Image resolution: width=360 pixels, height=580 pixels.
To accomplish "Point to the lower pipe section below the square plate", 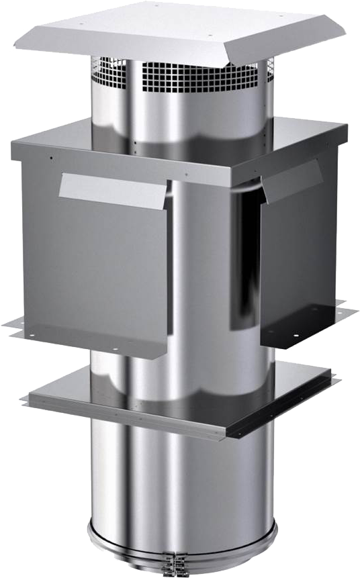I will tap(181, 483).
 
